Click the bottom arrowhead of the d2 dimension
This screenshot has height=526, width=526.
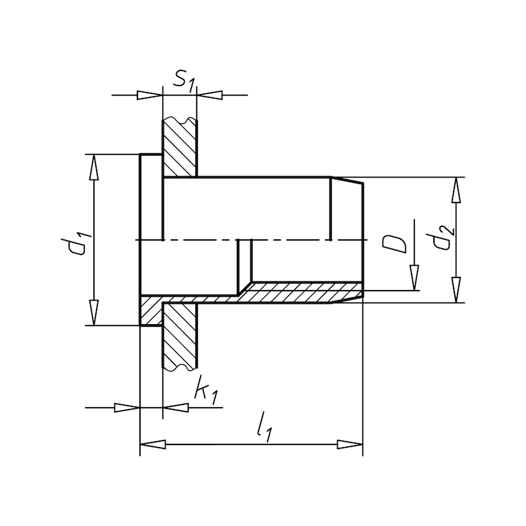(x=455, y=290)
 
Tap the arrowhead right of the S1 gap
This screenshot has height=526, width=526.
(x=209, y=95)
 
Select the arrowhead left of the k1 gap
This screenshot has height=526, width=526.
(x=127, y=408)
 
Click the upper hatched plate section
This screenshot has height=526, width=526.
(x=179, y=148)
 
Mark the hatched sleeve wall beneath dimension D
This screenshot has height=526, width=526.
(x=302, y=293)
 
